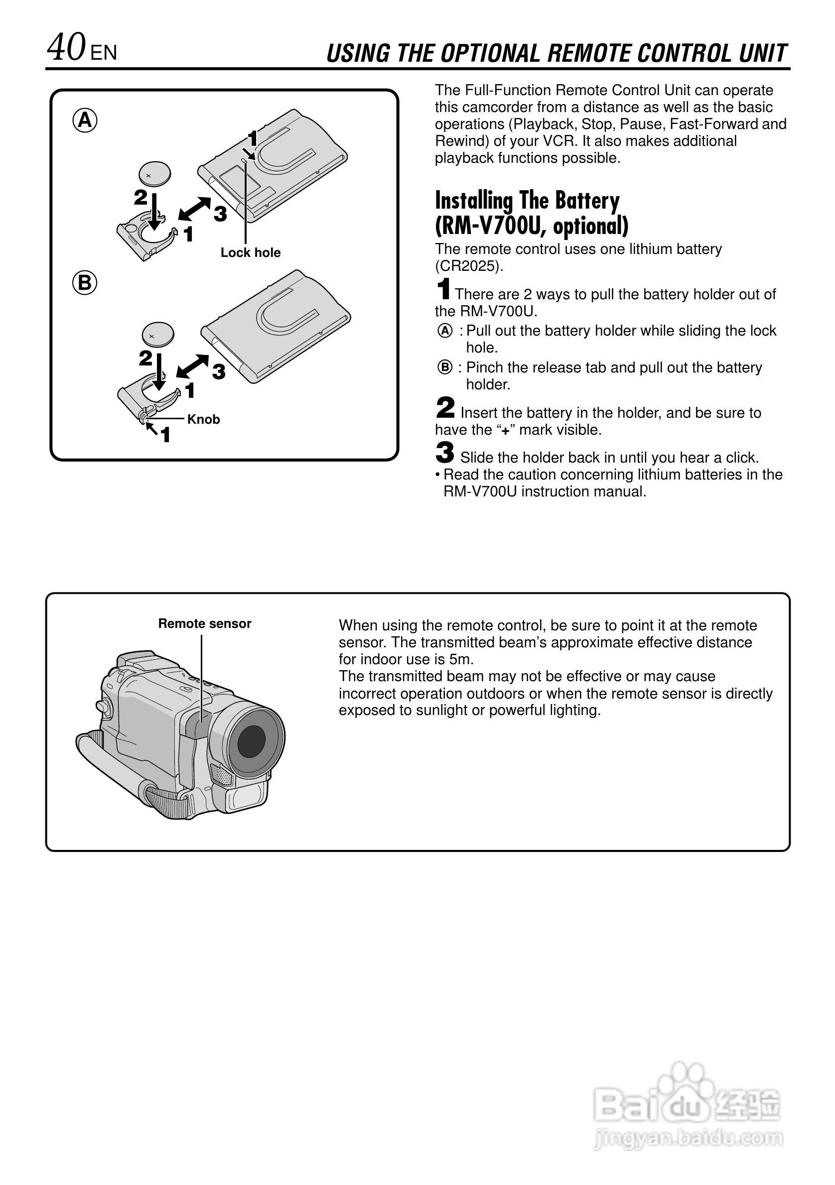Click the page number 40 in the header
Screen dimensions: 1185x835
[66, 48]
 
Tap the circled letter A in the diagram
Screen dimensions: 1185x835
[85, 121]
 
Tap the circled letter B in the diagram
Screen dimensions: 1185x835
[85, 283]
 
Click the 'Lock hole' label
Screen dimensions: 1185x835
[251, 252]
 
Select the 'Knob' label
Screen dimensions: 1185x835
[203, 419]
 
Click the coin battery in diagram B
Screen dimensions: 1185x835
[158, 336]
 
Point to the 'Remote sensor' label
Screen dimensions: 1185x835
[204, 623]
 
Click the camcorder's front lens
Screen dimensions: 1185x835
[252, 741]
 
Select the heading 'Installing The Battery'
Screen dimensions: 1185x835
[527, 200]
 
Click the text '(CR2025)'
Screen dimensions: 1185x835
[469, 266]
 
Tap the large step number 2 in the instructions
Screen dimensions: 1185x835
[445, 408]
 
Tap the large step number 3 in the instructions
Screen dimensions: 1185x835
[445, 453]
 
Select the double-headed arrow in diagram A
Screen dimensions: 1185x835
[194, 209]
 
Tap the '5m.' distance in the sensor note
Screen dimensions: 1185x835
[462, 660]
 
